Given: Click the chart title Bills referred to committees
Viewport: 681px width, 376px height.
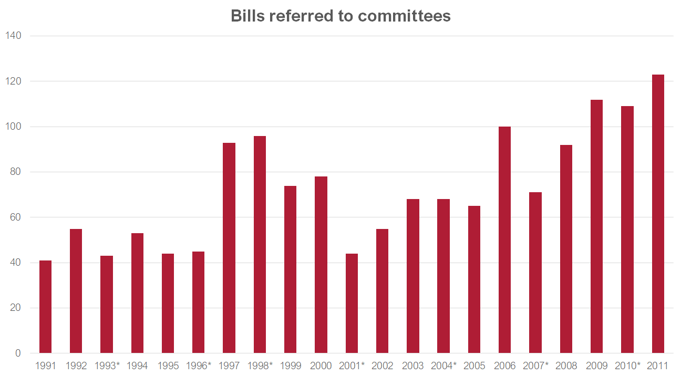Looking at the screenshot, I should (x=340, y=16).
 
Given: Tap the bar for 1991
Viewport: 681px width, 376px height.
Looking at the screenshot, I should (x=46, y=307).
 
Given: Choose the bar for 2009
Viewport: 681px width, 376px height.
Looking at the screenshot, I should (x=596, y=226).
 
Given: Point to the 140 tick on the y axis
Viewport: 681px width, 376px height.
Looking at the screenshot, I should (x=13, y=36).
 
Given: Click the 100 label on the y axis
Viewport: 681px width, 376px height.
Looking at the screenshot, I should (x=13, y=127).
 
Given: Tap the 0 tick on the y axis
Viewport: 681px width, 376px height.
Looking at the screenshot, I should (x=18, y=353).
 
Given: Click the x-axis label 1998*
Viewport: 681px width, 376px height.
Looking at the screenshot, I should (x=260, y=366).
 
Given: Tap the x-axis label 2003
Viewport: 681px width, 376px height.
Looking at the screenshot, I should (x=412, y=366).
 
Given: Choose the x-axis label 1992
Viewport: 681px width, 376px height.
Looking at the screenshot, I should (x=76, y=366).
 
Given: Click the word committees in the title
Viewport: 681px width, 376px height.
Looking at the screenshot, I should (x=404, y=16).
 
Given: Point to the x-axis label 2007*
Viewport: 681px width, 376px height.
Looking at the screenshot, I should (x=535, y=366).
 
